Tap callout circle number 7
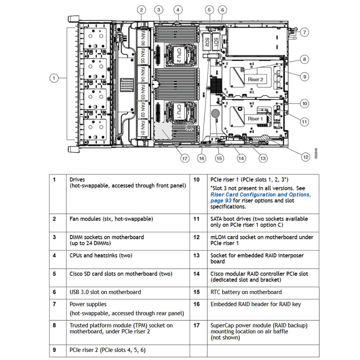tap(304, 32)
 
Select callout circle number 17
tap(185, 158)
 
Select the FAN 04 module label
tap(142, 74)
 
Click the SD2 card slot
tap(207, 41)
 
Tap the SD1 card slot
tap(216, 41)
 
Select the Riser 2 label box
tap(256, 79)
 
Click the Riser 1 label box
tap(255, 119)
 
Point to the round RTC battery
tap(215, 113)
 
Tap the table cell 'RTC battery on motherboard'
tap(246, 292)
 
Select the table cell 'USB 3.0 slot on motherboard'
tap(105, 292)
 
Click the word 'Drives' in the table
tap(77, 180)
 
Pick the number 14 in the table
tap(197, 274)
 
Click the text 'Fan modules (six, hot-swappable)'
tap(111, 219)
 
